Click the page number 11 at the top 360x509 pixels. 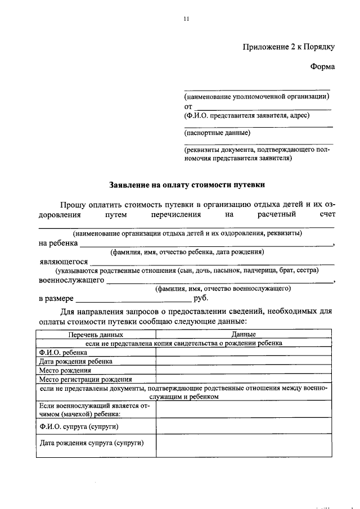[x=186, y=19]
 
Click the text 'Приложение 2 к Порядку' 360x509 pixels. [x=289, y=47]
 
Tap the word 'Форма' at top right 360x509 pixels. [x=322, y=67]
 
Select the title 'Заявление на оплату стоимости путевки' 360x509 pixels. [x=186, y=184]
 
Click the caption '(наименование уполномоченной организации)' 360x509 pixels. [x=256, y=96]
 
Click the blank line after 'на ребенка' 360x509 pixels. [x=206, y=244]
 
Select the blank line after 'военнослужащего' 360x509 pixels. [x=219, y=281]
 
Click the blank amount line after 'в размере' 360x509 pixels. [x=133, y=299]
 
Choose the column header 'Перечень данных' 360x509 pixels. [x=96, y=335]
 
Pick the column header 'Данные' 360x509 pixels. [x=244, y=335]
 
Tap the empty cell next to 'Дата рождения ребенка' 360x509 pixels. [x=244, y=362]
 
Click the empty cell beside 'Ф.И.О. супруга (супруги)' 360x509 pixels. [x=244, y=426]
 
